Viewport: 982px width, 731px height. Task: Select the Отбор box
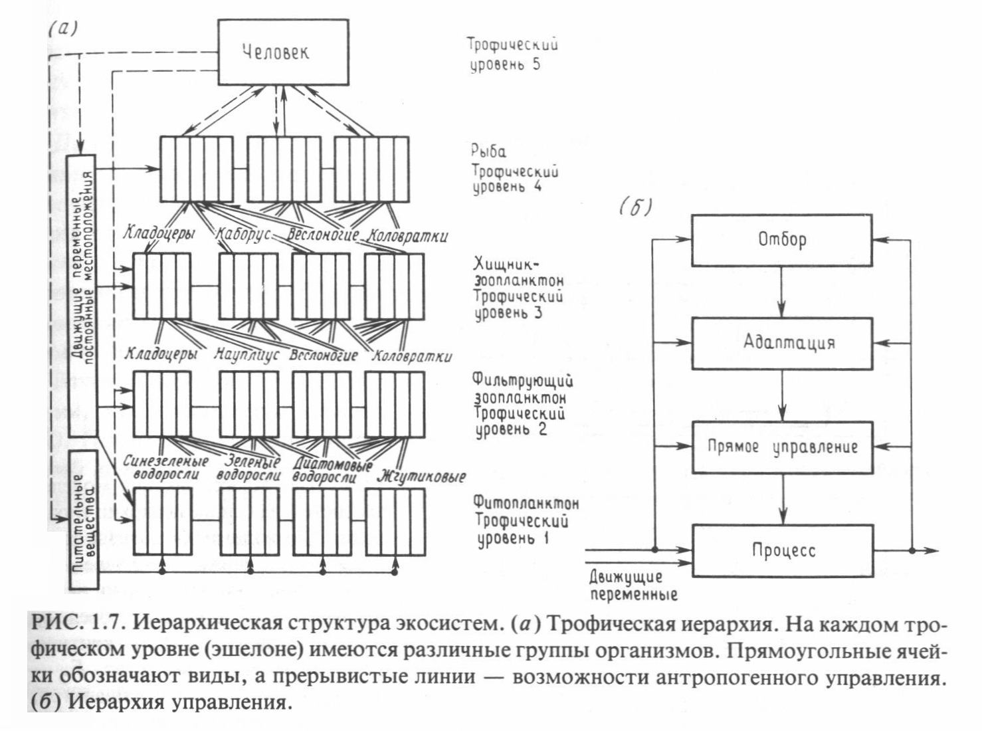(x=782, y=239)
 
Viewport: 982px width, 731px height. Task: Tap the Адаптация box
(x=782, y=343)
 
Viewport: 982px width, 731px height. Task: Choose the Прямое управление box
(x=782, y=447)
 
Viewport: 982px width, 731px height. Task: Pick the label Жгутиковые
(x=420, y=476)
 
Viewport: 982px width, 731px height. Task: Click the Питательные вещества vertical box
(x=84, y=520)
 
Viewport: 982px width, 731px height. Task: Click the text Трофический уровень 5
(x=512, y=54)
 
